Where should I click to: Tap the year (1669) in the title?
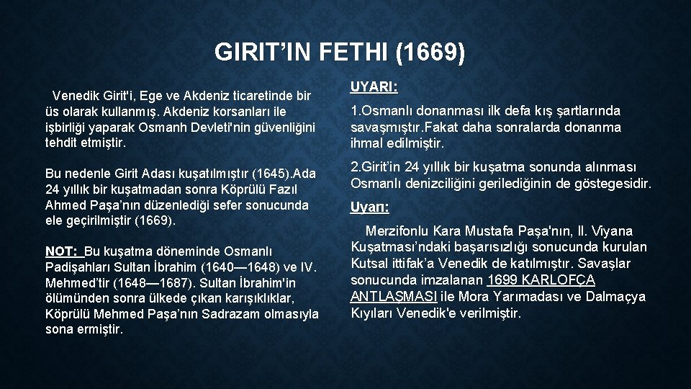tap(430, 53)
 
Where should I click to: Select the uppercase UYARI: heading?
tap(374, 87)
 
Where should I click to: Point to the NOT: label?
tap(63, 251)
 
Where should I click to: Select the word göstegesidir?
tap(615, 184)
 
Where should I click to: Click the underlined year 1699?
tap(502, 280)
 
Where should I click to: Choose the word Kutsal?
tap(368, 264)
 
